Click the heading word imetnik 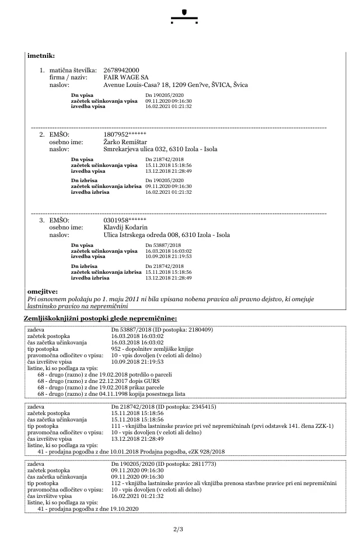click(x=41, y=56)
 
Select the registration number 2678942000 click(x=121, y=70)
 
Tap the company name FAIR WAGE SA click(x=125, y=77)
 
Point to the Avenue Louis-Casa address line click(x=175, y=85)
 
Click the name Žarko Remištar click(x=125, y=142)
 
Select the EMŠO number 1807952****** click(x=125, y=135)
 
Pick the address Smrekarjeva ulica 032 click(x=160, y=149)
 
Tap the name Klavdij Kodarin click(x=125, y=227)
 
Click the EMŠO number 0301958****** click(x=125, y=220)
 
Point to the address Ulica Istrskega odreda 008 click(x=166, y=235)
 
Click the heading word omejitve click(x=43, y=291)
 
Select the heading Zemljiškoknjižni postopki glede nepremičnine click(x=100, y=318)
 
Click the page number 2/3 click(x=179, y=529)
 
